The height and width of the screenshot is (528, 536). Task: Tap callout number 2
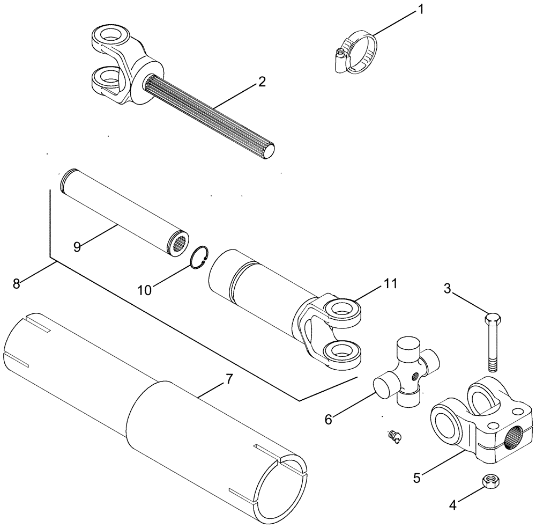click(261, 82)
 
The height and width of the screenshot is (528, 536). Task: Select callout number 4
click(453, 504)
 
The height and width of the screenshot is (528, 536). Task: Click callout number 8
click(17, 283)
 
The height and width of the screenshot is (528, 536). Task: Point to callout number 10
click(145, 290)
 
